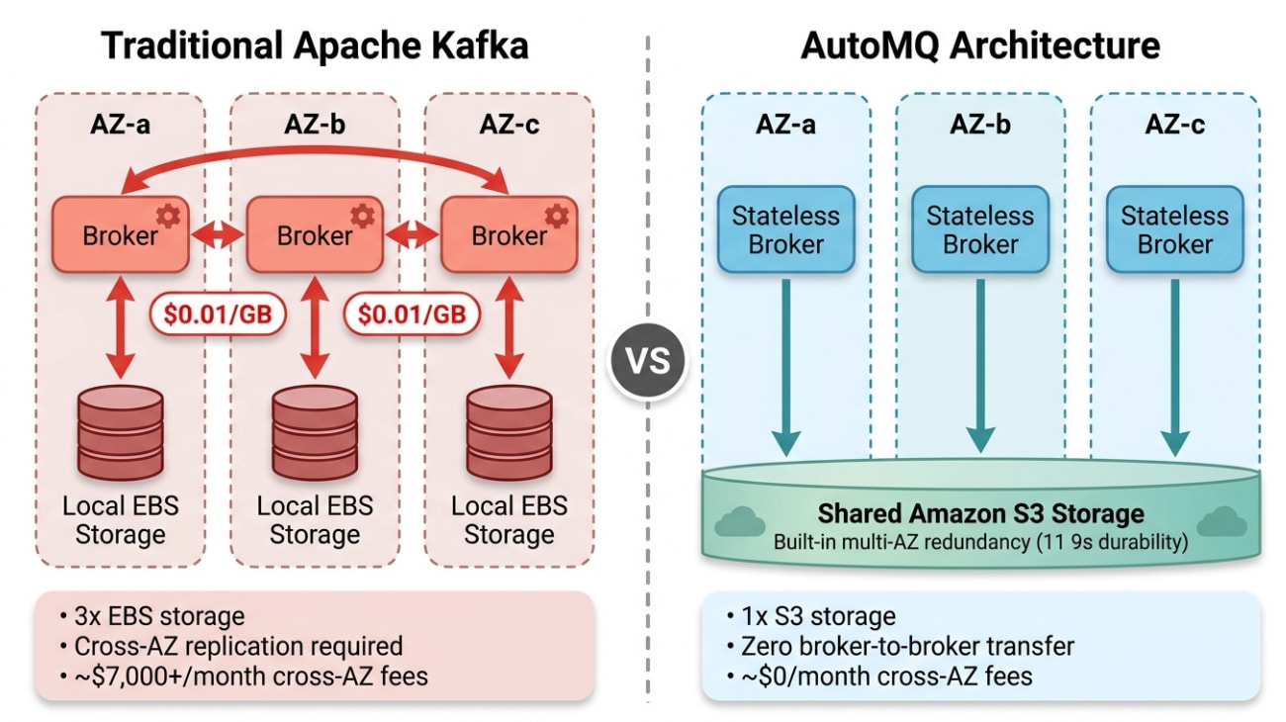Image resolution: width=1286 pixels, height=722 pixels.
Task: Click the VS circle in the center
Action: (x=648, y=360)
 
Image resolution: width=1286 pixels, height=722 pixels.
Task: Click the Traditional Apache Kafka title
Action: (x=315, y=45)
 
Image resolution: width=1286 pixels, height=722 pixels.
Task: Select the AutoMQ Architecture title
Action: (x=980, y=45)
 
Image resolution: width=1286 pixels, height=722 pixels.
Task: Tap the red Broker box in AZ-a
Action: (x=120, y=234)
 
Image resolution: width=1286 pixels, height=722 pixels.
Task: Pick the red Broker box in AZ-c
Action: (x=508, y=234)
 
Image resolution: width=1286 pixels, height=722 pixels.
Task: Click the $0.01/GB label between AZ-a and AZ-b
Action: (x=217, y=314)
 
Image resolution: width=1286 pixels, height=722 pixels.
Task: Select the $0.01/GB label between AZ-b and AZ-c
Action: (x=412, y=314)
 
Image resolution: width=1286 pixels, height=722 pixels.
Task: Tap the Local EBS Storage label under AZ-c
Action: (x=508, y=520)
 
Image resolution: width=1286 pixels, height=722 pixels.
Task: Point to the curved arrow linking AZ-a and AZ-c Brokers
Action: (x=315, y=154)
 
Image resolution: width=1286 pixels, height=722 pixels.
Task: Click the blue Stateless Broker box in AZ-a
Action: (x=785, y=230)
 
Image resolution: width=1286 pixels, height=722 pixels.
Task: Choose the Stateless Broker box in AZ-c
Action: (x=1174, y=230)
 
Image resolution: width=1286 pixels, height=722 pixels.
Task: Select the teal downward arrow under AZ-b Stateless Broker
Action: (x=979, y=366)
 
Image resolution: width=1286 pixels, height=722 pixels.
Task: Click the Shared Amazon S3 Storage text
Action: (x=980, y=514)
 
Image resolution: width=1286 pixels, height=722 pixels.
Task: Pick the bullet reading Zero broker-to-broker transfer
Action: (x=907, y=647)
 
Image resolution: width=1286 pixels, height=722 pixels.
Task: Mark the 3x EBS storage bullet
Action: (x=158, y=616)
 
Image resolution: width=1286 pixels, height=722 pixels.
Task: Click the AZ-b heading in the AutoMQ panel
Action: (x=979, y=126)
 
